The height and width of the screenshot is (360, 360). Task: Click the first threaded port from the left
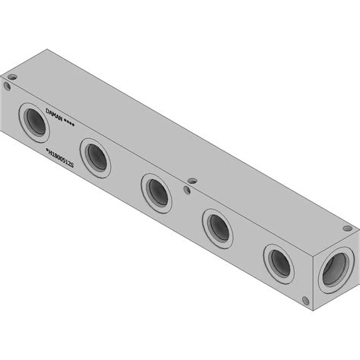click(34, 122)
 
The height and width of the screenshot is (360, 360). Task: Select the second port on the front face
click(95, 156)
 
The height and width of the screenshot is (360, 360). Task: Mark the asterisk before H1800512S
click(46, 153)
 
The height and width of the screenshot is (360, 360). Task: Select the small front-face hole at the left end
click(8, 87)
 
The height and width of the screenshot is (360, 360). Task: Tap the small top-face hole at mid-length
click(191, 181)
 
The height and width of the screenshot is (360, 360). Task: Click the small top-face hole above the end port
click(346, 229)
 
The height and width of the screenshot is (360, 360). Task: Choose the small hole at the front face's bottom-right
click(305, 298)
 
